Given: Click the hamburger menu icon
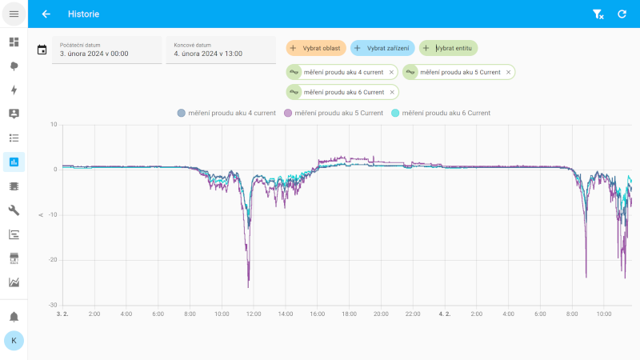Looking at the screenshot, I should (x=14, y=14).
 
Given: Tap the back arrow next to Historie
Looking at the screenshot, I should (x=46, y=14).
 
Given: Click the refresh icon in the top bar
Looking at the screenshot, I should (x=622, y=14).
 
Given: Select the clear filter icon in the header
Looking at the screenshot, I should (x=598, y=14).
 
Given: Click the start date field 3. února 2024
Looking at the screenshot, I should (x=106, y=50).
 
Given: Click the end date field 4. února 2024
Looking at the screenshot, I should (x=220, y=50).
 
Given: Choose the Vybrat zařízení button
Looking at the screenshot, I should (x=382, y=48).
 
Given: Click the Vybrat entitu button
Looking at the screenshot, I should (x=448, y=48).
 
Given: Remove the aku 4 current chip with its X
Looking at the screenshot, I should (x=391, y=72).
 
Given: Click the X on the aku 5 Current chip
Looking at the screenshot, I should (x=508, y=72).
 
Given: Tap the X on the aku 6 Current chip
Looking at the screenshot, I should (x=392, y=92).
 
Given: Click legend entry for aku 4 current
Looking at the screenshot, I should (x=227, y=113).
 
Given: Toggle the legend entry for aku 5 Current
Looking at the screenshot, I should (x=334, y=113).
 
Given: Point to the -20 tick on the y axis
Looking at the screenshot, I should (x=54, y=260).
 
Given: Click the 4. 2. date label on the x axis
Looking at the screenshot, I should (x=445, y=314).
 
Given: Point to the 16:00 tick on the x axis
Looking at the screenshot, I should (x=317, y=314).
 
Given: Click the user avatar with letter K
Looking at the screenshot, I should (x=14, y=340).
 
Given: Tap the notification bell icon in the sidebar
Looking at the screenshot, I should (x=14, y=317).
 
